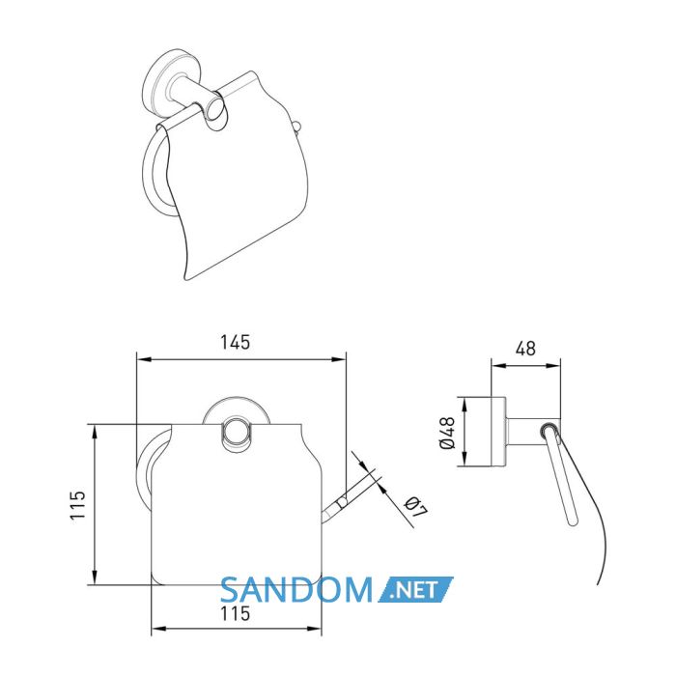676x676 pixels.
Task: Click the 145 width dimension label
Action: [x=236, y=342]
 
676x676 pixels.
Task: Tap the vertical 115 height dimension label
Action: [x=78, y=505]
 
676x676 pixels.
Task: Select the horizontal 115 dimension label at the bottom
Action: [x=235, y=613]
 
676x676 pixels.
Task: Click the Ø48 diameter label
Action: [x=447, y=433]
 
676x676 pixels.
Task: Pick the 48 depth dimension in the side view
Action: [x=525, y=349]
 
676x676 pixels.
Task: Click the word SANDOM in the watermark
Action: [x=296, y=590]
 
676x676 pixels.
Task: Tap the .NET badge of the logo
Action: [x=415, y=589]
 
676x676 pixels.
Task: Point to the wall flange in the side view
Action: [x=499, y=432]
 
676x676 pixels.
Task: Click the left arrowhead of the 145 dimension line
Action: [x=143, y=358]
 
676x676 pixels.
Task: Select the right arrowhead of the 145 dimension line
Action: [x=339, y=358]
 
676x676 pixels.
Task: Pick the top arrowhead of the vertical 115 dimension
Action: [x=95, y=431]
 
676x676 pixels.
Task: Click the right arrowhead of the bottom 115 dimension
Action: [x=314, y=629]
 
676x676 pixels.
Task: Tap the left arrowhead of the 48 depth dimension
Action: [x=498, y=366]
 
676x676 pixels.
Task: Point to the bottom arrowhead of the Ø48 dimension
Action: [x=465, y=460]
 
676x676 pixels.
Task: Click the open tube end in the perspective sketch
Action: [x=215, y=111]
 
